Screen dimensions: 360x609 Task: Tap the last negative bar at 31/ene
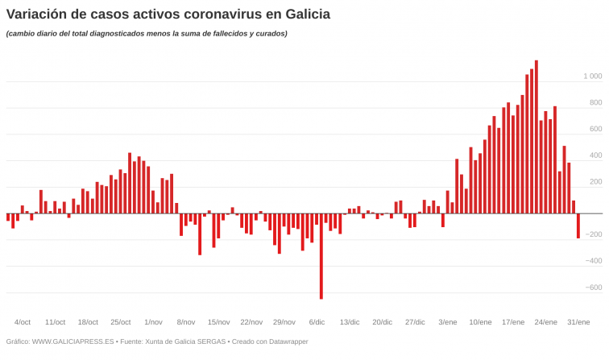578,226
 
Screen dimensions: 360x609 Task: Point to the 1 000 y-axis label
592,77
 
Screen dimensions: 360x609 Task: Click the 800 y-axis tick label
595,103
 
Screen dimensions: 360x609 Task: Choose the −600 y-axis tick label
593,288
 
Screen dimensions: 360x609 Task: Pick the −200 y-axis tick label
593,234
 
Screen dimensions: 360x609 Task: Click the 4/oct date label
23,322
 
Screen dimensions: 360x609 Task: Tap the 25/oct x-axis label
120,322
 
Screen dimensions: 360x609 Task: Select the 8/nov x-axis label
186,322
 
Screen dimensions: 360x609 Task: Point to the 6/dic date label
317,322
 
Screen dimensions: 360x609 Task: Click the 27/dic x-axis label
415,322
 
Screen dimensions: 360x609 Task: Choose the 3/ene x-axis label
447,322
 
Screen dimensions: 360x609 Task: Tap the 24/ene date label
545,322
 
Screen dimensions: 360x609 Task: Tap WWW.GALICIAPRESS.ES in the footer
72,341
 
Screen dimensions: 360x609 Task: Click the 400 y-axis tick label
595,155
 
